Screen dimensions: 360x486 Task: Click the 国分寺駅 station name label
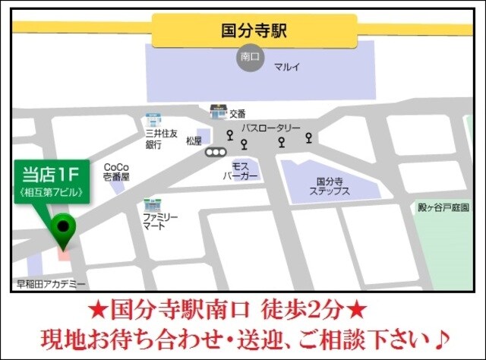coord(253,32)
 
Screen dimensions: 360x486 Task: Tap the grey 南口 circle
coord(250,59)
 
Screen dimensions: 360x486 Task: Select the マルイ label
coord(288,67)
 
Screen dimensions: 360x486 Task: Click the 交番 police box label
coord(238,114)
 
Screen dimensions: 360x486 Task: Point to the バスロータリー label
coord(271,128)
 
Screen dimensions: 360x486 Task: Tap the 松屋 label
coord(194,141)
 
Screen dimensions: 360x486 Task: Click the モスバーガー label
coord(241,170)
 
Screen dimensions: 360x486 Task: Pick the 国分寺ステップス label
coord(330,187)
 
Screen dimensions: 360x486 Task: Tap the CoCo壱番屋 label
coord(116,171)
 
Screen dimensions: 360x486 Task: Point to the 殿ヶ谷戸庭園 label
coord(445,207)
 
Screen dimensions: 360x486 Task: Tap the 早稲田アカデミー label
coord(51,284)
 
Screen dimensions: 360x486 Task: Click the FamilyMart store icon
coord(150,204)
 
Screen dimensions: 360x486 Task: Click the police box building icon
coord(219,111)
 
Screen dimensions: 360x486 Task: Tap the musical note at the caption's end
coord(444,335)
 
